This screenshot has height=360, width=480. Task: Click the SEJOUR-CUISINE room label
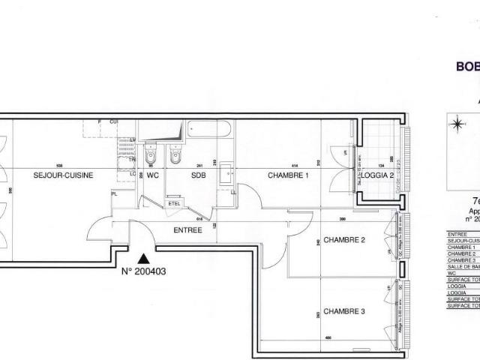64,175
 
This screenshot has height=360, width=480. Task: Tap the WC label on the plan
152,175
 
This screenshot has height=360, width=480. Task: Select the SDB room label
199,175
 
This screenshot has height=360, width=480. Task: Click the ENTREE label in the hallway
187,230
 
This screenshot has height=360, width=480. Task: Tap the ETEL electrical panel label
175,203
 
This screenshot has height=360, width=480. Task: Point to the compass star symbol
457,124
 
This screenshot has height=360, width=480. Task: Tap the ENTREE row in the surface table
458,232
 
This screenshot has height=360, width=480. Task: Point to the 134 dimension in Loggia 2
380,166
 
